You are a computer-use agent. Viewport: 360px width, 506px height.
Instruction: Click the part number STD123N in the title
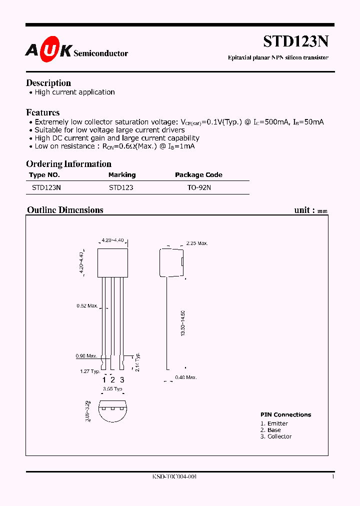[x=295, y=41]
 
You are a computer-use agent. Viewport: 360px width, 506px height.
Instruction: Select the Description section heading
[x=48, y=83]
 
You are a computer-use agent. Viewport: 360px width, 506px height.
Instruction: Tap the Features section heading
[x=43, y=112]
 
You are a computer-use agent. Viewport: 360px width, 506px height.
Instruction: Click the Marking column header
[x=122, y=175]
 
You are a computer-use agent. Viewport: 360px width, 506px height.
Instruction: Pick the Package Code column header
[x=198, y=175]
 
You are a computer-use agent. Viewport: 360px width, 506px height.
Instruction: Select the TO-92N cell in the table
[x=198, y=188]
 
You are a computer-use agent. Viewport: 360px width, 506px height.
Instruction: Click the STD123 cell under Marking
[x=121, y=188]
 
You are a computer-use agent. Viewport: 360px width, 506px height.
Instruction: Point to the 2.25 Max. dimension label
[x=196, y=243]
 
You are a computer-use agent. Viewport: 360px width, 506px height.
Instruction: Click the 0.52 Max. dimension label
[x=87, y=305]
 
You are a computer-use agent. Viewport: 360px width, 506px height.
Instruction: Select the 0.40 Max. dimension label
[x=186, y=377]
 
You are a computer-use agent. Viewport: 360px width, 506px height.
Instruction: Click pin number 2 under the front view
[x=113, y=380]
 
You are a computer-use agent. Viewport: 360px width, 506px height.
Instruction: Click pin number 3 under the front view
[x=122, y=380]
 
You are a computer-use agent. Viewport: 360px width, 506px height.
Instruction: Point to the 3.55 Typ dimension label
[x=112, y=388]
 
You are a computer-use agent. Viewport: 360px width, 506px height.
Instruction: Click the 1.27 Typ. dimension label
[x=90, y=371]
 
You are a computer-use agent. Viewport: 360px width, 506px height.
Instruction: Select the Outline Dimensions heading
[x=65, y=210]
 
